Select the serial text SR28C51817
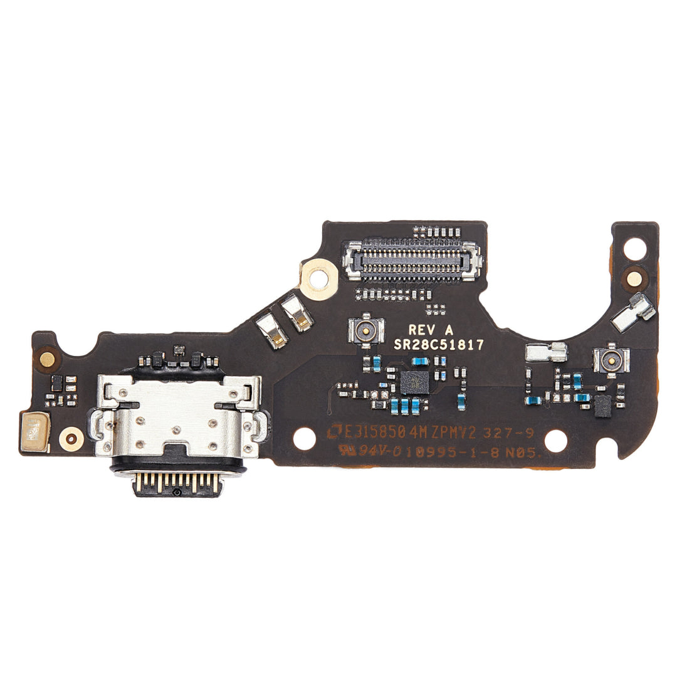point(439,344)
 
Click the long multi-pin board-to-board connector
point(412,260)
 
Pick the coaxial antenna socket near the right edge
point(611,359)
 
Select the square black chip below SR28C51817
point(413,381)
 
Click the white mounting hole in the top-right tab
point(635,248)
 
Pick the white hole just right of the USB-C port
point(303,438)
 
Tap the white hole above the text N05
point(555,440)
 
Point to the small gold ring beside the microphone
point(71,438)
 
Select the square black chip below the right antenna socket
point(602,406)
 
